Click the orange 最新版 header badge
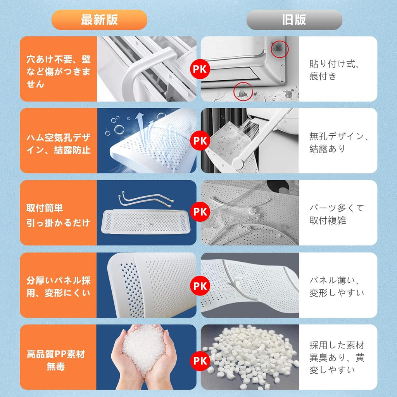point(99,20)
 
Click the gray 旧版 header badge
point(294,20)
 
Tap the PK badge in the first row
point(200,69)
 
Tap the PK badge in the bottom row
point(200,361)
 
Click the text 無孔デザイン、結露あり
point(338,142)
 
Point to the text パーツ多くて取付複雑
point(337,214)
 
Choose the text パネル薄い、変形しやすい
point(337,286)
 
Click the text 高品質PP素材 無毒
point(56,360)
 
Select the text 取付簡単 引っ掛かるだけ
point(58,216)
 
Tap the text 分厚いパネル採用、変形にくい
point(58,286)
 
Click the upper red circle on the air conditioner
point(279,47)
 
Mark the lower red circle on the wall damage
point(243,91)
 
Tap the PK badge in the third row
point(200,212)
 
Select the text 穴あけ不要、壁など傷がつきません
point(58,71)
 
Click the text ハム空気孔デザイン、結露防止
point(58,143)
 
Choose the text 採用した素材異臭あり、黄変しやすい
point(337,357)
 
